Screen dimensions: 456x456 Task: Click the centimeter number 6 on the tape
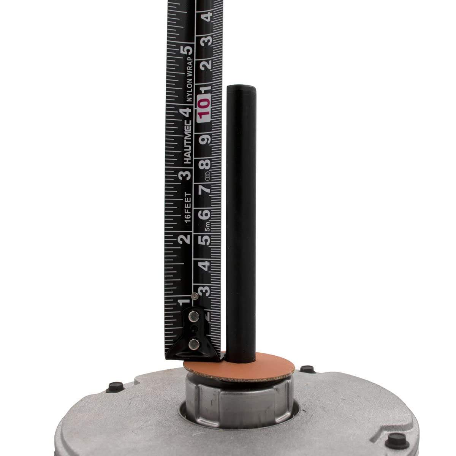(x=205, y=214)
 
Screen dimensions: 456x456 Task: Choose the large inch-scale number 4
(x=185, y=112)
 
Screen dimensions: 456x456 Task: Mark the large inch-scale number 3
(x=185, y=175)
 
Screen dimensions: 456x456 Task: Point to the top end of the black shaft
(x=241, y=88)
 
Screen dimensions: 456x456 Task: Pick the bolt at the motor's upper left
(x=113, y=387)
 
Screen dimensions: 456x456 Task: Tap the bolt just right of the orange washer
(x=307, y=369)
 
